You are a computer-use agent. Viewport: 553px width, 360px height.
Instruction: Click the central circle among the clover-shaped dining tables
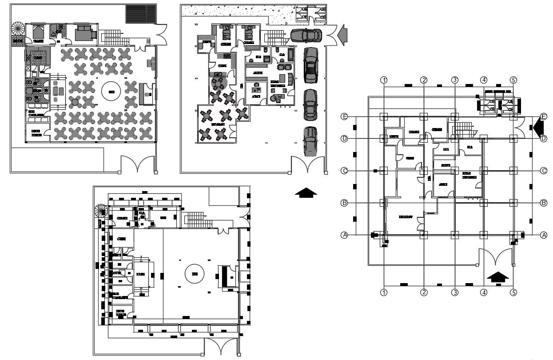[112, 92]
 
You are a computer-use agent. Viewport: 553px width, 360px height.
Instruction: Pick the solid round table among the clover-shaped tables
[76, 102]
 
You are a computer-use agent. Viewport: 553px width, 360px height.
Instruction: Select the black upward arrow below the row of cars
[306, 192]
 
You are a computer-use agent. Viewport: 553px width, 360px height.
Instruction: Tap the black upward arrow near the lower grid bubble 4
[498, 277]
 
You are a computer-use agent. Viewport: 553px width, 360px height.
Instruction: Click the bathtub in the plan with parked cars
[290, 55]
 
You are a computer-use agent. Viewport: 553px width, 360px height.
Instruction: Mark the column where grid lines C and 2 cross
[424, 171]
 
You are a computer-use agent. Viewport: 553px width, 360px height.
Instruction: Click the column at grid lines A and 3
[454, 235]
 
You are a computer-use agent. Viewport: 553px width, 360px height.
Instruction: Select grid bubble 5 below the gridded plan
[513, 292]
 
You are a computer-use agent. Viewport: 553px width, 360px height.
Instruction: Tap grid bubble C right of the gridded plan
[543, 171]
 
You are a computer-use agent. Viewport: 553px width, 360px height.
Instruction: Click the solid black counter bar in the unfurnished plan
[225, 276]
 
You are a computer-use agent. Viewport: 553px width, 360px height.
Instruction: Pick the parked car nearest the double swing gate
[310, 141]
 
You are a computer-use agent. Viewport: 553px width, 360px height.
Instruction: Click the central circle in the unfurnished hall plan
[195, 274]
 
